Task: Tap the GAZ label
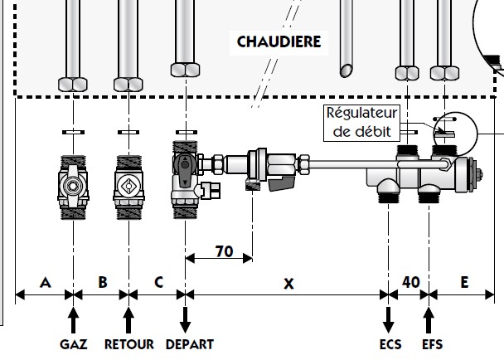click(x=74, y=344)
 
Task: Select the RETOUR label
click(x=128, y=344)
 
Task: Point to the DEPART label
click(x=189, y=344)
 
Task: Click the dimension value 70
click(x=223, y=250)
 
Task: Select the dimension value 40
click(x=410, y=282)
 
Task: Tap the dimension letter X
click(x=288, y=283)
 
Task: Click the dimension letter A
click(x=45, y=282)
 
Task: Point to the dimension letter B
click(x=102, y=282)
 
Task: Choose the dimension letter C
click(x=158, y=282)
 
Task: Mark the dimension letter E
click(x=464, y=282)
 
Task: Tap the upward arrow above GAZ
click(x=74, y=319)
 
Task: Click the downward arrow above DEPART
click(x=186, y=319)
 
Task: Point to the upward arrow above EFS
click(x=429, y=319)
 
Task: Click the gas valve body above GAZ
click(x=73, y=187)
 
